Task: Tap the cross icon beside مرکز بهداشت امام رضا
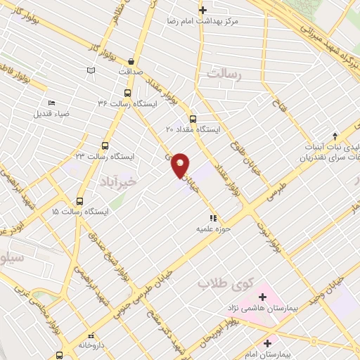click(x=202, y=10)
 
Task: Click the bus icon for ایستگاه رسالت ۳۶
click(x=127, y=92)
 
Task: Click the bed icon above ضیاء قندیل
click(x=51, y=103)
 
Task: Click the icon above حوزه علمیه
click(x=213, y=219)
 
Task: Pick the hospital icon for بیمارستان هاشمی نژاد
click(x=262, y=297)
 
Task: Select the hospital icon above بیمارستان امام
click(x=266, y=342)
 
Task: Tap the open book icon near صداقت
click(x=91, y=70)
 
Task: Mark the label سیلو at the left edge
click(x=13, y=259)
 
